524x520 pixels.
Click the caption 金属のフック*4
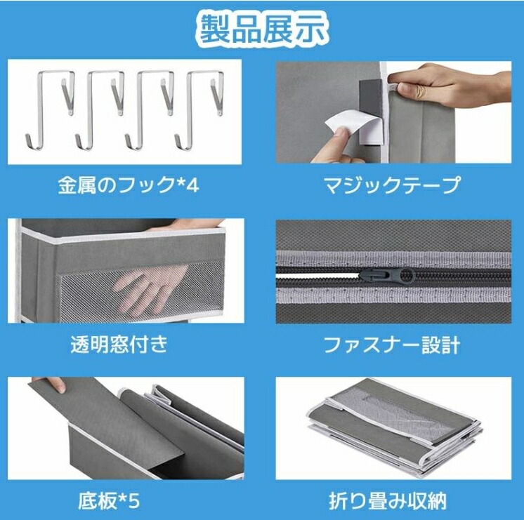click(x=129, y=185)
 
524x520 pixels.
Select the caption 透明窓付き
click(x=119, y=344)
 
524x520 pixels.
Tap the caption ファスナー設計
click(x=393, y=345)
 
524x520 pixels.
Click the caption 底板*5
click(x=110, y=501)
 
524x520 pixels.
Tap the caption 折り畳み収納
click(x=388, y=501)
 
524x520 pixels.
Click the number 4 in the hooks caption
click(x=192, y=185)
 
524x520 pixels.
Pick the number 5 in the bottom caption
click(x=133, y=502)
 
